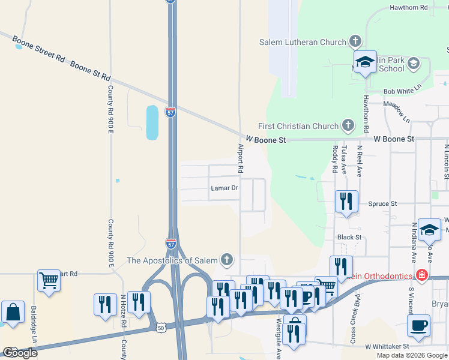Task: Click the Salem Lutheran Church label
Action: click(303, 42)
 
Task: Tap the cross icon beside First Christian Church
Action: click(348, 125)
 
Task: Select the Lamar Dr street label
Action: click(224, 188)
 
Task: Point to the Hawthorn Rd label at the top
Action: click(408, 8)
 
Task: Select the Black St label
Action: click(349, 238)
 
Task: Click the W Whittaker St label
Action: click(387, 346)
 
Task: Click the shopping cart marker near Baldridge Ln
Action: click(49, 280)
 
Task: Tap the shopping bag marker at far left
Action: click(13, 313)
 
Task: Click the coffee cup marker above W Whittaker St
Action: click(419, 325)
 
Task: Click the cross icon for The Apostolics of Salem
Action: click(226, 260)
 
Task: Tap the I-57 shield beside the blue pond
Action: click(171, 112)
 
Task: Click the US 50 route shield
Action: click(160, 328)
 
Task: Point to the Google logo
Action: click(19, 353)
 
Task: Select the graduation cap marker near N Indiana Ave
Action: click(429, 229)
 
